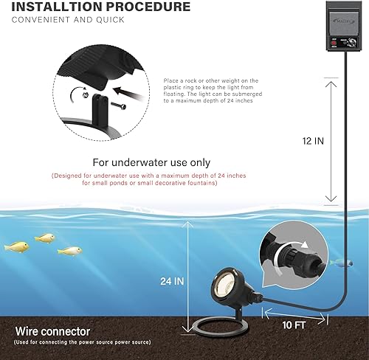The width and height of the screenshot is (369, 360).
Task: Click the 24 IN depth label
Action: (x=171, y=281)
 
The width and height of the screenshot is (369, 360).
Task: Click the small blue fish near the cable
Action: (x=337, y=260)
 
